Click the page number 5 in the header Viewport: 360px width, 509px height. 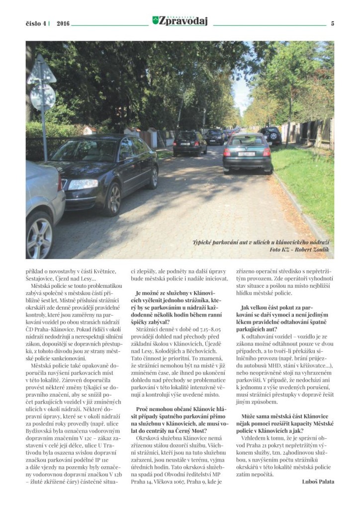point(332,23)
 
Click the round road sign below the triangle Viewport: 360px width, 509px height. point(42,97)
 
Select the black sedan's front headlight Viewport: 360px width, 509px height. point(83,184)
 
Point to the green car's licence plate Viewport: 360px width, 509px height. point(247,154)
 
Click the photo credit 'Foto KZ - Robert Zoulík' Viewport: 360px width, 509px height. point(299,250)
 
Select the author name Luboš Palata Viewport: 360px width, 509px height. point(318,481)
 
